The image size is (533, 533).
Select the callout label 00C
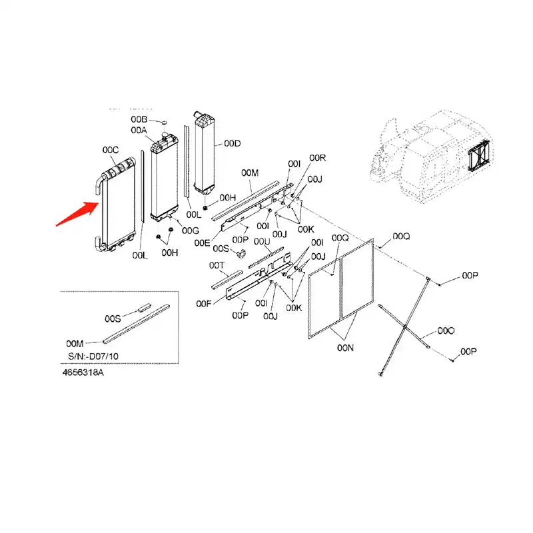[110, 149]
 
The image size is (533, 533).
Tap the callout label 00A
[139, 130]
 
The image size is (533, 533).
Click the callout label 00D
[232, 143]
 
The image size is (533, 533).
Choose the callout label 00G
[191, 231]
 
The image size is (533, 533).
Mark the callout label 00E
[203, 243]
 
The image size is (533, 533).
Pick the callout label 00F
[204, 304]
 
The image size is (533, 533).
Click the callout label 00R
[317, 158]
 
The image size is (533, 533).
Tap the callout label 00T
[217, 265]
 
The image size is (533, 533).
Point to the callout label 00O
[446, 330]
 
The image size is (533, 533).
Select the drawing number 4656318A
[84, 372]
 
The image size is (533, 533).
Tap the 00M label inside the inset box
[75, 343]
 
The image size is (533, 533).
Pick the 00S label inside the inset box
[112, 318]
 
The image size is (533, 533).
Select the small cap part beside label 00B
[161, 122]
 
